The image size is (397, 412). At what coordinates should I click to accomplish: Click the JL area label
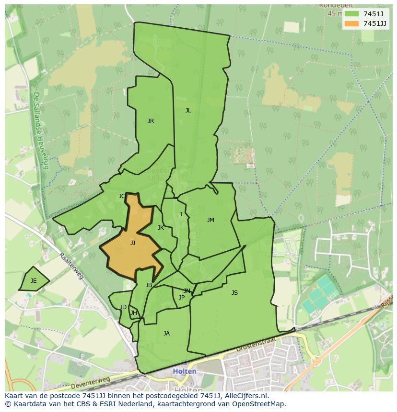188,111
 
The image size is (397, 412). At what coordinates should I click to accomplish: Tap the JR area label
151,121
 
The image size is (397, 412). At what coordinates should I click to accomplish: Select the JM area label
210,220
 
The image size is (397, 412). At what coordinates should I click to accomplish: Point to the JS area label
234,293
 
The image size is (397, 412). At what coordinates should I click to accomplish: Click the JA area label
166,334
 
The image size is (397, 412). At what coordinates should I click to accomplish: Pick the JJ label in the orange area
133,243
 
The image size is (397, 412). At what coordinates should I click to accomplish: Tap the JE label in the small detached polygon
34,281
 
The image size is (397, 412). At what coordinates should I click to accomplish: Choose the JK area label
161,228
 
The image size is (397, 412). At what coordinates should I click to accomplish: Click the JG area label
122,196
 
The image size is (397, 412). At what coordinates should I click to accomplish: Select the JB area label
149,285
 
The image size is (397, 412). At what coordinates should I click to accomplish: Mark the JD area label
123,307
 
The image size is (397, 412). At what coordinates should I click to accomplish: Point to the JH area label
134,313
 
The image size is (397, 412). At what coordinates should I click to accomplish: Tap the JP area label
181,298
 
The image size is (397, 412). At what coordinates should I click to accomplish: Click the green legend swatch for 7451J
351,14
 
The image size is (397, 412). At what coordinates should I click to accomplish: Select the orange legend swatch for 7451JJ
351,23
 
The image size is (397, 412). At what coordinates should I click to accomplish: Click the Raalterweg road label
71,267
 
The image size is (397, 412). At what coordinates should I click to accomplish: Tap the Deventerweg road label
90,383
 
